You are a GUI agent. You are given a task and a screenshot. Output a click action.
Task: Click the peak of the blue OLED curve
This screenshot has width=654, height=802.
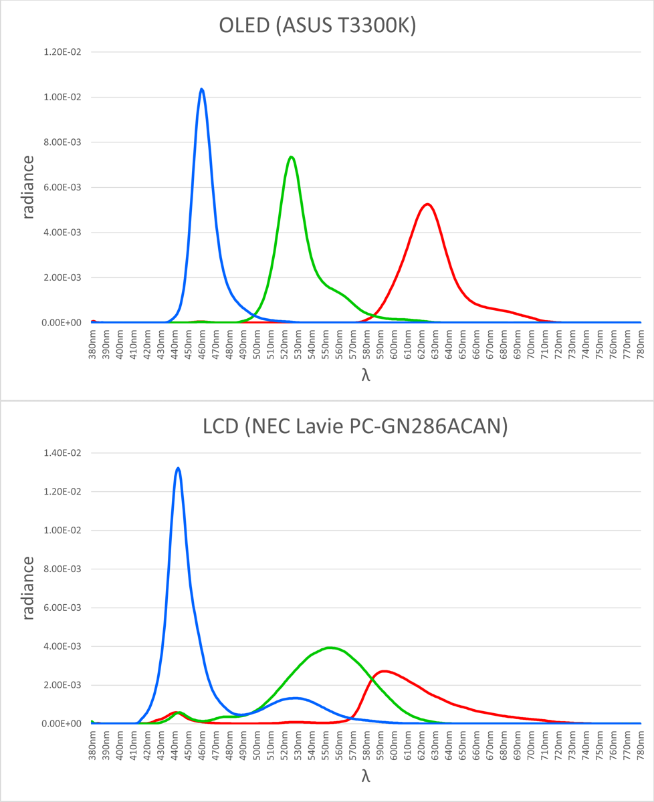point(201,89)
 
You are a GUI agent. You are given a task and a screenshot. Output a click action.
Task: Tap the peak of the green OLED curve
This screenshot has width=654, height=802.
point(291,157)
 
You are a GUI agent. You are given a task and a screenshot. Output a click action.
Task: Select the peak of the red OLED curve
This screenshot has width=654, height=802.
point(427,204)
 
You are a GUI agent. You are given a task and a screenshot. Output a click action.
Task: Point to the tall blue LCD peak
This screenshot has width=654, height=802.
point(178,468)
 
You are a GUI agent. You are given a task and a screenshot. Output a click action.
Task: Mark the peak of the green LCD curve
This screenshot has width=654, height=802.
point(329,647)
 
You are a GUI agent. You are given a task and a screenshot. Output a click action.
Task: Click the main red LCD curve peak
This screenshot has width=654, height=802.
point(385,671)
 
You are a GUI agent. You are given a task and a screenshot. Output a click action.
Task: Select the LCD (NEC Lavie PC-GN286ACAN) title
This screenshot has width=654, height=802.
point(355,425)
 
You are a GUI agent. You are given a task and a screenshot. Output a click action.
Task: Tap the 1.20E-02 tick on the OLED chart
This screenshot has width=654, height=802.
point(62,52)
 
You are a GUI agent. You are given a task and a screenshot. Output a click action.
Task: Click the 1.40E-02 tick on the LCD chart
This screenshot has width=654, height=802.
point(62,452)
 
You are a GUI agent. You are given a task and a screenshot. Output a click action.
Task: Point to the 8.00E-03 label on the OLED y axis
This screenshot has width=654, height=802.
point(62,142)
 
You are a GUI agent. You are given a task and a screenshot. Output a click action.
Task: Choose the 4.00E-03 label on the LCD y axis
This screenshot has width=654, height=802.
point(62,646)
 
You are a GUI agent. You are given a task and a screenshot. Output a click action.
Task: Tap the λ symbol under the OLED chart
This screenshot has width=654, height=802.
point(365,376)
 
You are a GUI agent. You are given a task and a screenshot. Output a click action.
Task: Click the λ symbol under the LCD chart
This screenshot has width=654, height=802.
point(365,776)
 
